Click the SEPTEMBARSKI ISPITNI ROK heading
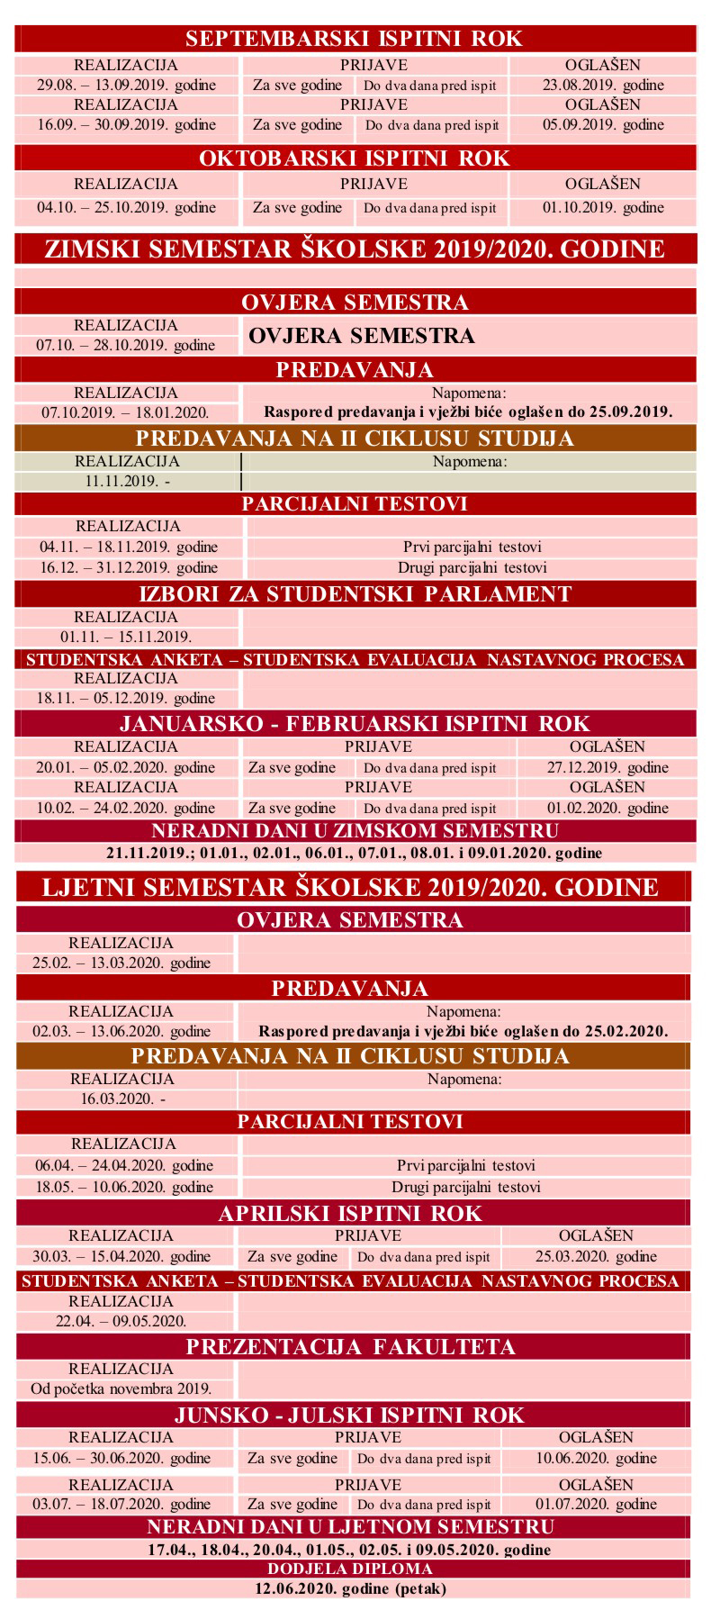coord(354,39)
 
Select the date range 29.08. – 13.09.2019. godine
coord(126,86)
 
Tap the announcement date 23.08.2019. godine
coord(603,86)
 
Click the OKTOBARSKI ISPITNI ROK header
coord(354,158)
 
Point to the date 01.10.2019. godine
coord(603,208)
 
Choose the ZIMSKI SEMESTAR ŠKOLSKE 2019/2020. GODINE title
coord(355,249)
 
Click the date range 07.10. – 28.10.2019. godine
coord(126,345)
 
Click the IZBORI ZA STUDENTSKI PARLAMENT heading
coord(355,594)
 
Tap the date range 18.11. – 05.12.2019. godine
coord(126,698)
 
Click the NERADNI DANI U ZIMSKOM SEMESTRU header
coord(355,831)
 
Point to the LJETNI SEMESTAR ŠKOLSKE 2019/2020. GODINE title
coord(351,887)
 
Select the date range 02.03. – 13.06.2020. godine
coord(121,1031)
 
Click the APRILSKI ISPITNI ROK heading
coord(350,1214)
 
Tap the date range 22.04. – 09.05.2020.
coord(121,1321)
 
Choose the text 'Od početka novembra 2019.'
coord(121,1388)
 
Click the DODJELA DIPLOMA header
coord(350,1569)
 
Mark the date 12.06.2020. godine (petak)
coord(350,1589)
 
